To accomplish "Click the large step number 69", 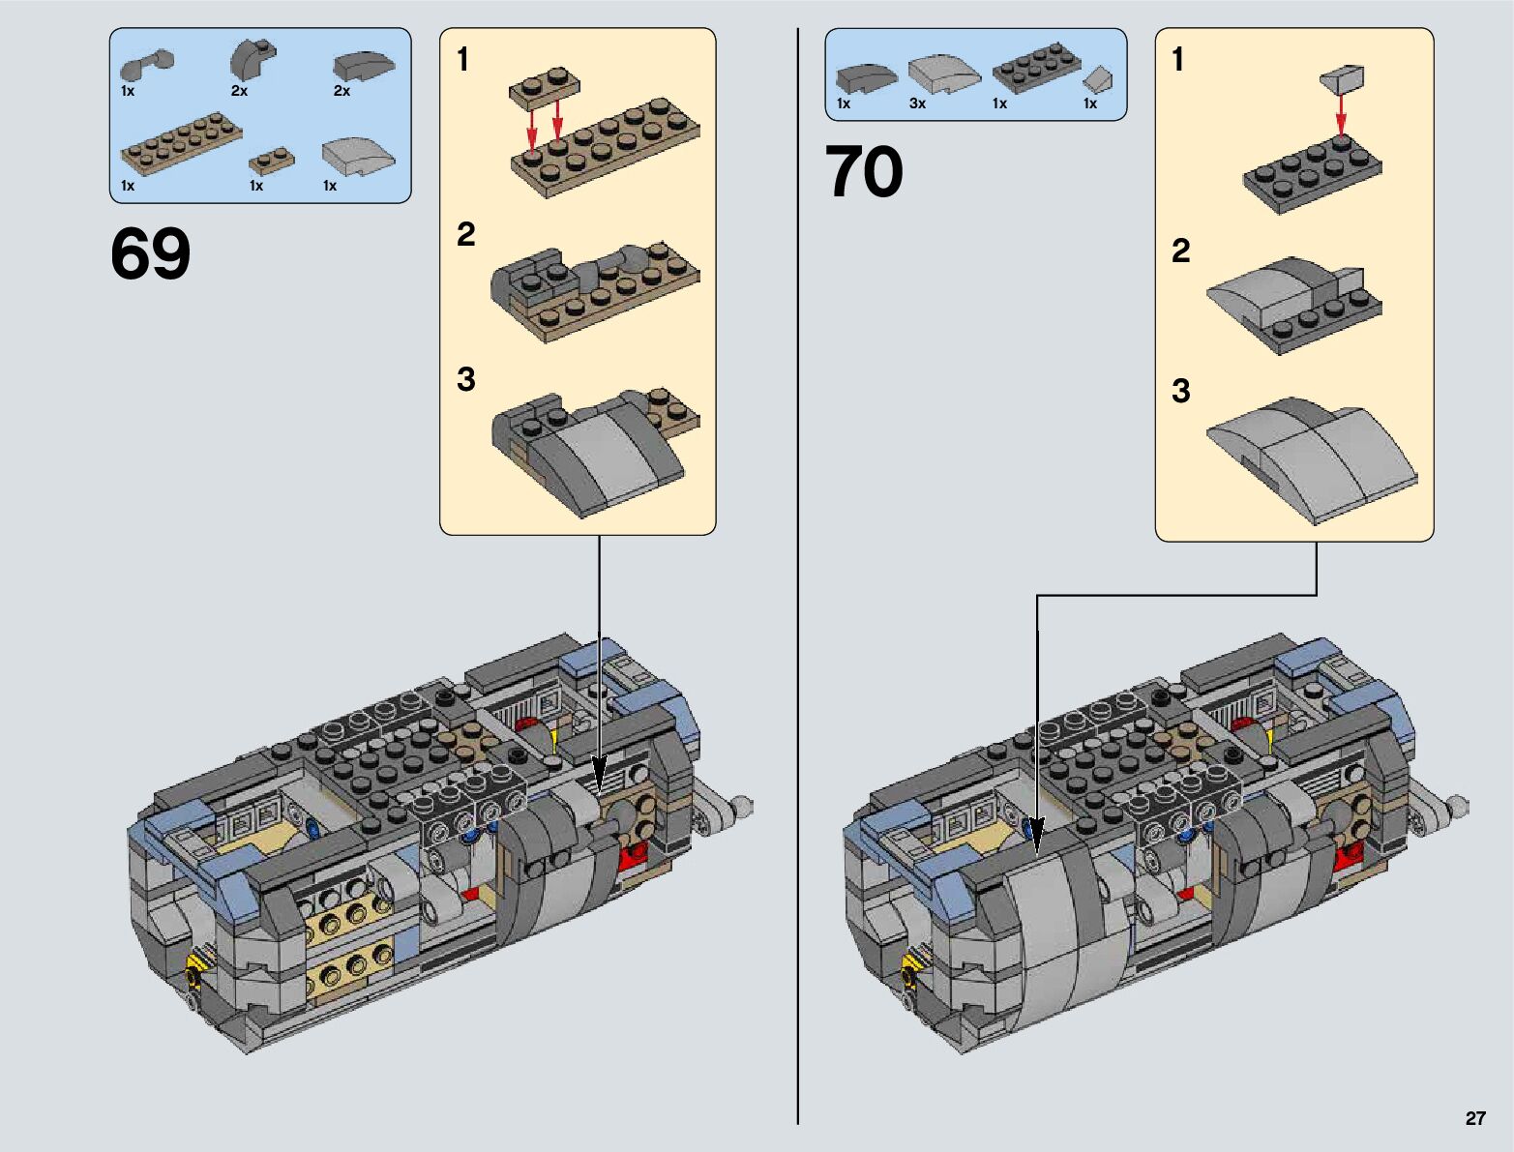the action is (150, 253).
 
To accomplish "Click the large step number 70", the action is (864, 171).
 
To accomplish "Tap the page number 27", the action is (1475, 1118).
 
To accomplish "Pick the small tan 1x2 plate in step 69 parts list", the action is (272, 160).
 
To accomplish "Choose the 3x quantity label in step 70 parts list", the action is (917, 103).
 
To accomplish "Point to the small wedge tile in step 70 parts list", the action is (1097, 79).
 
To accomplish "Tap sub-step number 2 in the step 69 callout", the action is (465, 234).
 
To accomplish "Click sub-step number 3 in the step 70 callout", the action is (1181, 391).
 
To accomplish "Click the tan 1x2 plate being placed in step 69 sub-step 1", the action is (545, 86).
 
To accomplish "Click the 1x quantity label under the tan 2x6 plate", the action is (128, 186).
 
